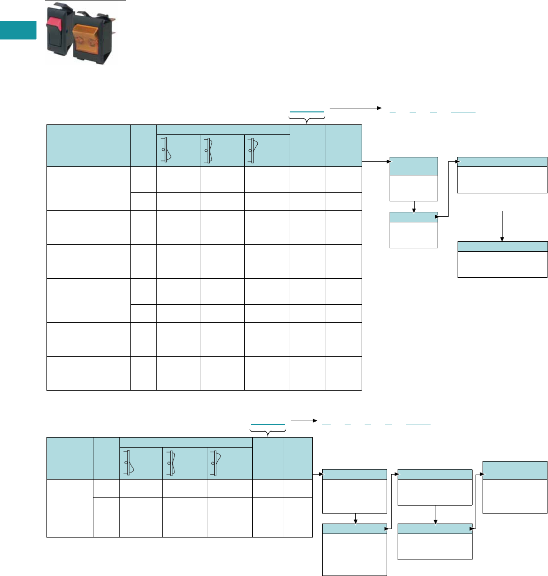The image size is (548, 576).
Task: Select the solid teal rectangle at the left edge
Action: coord(18,30)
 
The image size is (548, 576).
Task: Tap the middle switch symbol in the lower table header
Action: coord(172,463)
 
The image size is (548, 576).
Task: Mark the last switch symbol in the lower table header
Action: coord(216,463)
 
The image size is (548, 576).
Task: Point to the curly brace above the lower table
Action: coord(268,432)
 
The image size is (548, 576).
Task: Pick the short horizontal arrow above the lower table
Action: coord(304,421)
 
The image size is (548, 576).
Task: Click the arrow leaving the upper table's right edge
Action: coord(376,162)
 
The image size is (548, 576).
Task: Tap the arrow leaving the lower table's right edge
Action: coord(318,474)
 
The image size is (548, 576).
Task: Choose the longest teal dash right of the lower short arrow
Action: coord(418,424)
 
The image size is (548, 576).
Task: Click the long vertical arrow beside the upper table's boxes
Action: coord(502,226)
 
